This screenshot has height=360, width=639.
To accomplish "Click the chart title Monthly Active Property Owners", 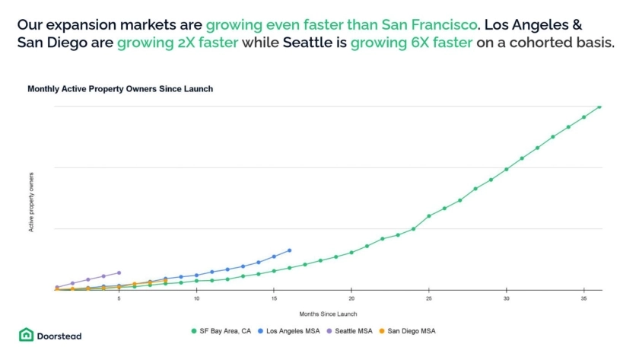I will coord(120,89).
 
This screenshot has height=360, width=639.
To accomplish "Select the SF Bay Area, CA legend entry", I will coord(224,331).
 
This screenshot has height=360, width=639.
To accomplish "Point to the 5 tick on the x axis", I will coord(119,298).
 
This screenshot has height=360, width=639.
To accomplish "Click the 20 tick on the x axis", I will coord(351,298).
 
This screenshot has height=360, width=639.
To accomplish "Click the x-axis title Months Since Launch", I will coord(327,314).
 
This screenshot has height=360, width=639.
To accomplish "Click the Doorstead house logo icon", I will coord(26,335).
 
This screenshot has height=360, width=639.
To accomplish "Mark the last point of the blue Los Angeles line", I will coord(289,250).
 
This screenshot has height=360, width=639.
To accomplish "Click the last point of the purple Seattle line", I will coord(119,272).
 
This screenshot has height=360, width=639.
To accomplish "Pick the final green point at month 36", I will coord(599,107).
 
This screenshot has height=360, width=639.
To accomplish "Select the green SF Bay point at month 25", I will coord(429,216).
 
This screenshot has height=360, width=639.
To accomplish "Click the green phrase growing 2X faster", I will coord(177,43).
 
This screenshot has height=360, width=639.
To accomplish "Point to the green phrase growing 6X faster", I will coord(412,43).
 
